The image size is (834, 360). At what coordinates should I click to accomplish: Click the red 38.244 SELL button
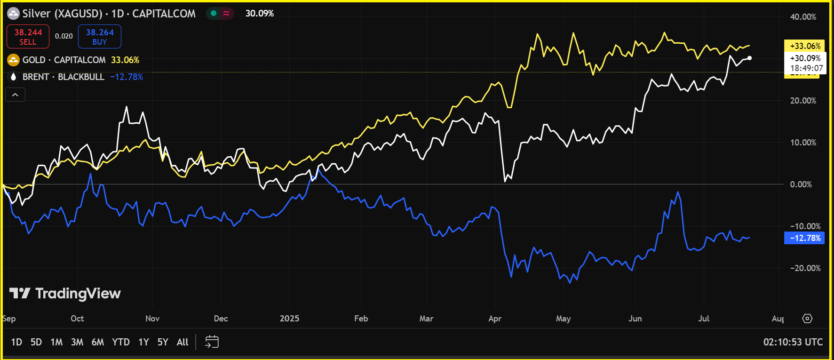point(28,37)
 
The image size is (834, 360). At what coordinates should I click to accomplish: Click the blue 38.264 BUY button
point(100,37)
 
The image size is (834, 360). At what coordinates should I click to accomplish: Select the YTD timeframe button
point(121,342)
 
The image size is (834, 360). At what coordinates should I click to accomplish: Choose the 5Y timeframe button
point(163,342)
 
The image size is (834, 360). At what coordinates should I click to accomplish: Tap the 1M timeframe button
point(56,342)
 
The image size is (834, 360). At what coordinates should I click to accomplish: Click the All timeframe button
point(183,342)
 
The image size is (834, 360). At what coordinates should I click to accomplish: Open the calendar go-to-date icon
point(212,342)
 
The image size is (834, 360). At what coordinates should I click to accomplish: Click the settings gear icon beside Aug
point(807,319)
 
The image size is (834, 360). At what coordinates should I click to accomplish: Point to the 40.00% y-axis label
point(803,17)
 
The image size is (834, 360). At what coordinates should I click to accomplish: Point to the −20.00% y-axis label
point(805,268)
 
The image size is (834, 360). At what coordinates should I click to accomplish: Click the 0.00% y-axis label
point(801,184)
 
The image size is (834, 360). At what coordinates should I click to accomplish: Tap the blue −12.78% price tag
point(804,238)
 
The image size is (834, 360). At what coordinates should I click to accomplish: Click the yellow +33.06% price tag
point(804,46)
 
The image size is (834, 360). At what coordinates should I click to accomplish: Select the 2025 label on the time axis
point(289,319)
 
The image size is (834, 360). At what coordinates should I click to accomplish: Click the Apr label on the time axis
point(495,319)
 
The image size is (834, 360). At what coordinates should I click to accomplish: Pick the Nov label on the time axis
point(152,319)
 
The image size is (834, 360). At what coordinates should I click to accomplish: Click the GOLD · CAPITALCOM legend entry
point(64,60)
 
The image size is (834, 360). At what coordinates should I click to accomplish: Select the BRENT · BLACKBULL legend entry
point(64,77)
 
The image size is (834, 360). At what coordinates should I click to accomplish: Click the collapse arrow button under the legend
point(15,95)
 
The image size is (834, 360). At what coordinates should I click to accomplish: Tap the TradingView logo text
point(66,294)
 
